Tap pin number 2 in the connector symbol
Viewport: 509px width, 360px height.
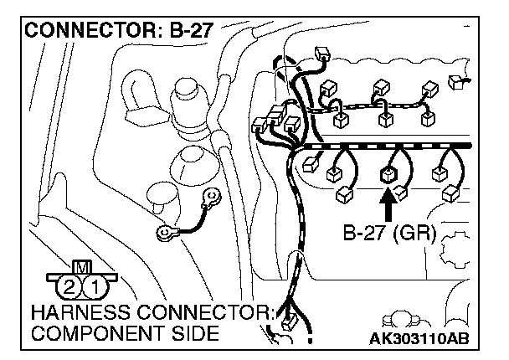69,288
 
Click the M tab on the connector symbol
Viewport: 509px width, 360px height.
82,267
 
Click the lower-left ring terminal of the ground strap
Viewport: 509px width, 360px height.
164,233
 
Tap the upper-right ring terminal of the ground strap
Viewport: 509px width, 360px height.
214,198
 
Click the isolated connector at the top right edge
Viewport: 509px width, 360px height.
457,81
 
